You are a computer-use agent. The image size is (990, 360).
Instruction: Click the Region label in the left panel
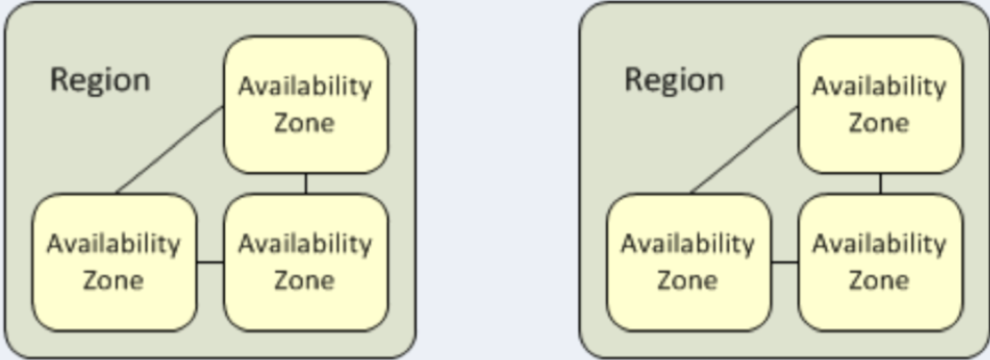(x=100, y=81)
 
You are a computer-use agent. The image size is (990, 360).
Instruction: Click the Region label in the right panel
(x=674, y=81)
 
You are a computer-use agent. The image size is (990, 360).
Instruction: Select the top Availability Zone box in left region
(x=306, y=104)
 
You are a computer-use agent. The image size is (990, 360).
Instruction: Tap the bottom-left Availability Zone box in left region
(x=114, y=262)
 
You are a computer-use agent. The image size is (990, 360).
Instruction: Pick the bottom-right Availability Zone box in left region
(x=306, y=262)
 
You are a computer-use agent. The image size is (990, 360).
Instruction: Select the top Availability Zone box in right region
(x=879, y=104)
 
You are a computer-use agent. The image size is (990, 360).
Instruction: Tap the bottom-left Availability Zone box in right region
(x=688, y=262)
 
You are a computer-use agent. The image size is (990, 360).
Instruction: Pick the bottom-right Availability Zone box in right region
(x=879, y=262)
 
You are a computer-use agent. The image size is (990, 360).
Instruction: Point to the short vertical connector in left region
(x=306, y=183)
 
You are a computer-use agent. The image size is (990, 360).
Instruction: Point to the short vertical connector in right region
(x=880, y=183)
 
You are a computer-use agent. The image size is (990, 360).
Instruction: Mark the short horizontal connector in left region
(x=210, y=263)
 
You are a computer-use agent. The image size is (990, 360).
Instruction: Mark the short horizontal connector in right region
(x=784, y=263)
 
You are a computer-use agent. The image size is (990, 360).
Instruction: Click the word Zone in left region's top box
(x=305, y=122)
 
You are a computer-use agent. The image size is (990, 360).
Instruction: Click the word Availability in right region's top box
(x=879, y=87)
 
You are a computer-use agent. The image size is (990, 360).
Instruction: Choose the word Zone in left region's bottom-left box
(x=113, y=280)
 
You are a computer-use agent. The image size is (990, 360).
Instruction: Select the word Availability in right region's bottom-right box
(x=879, y=244)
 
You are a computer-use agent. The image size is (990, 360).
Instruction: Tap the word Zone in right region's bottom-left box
(x=687, y=280)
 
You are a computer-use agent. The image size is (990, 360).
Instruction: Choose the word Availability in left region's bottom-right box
(x=305, y=244)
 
